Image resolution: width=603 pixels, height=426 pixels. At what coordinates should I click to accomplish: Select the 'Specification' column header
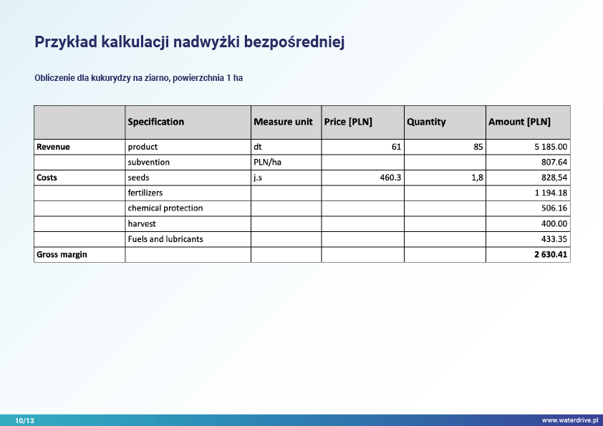155,122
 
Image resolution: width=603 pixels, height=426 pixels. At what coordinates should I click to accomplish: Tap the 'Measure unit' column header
283,122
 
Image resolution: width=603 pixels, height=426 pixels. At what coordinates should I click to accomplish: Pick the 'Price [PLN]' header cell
348,122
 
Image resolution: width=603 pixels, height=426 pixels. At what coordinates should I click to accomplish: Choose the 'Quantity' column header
426,122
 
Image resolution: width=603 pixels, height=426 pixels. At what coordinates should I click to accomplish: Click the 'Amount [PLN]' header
519,122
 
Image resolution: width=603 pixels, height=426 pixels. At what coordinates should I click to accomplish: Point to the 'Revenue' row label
53,147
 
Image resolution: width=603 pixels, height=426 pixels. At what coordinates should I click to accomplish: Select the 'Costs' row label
47,178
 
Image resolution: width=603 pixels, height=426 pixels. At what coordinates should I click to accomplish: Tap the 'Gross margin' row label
62,254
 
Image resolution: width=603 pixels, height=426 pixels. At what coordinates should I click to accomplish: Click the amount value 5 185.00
550,147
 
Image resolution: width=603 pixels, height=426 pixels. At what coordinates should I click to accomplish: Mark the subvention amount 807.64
554,163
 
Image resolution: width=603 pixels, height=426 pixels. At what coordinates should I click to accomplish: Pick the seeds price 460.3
390,178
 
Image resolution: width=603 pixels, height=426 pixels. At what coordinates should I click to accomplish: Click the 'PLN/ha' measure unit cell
267,163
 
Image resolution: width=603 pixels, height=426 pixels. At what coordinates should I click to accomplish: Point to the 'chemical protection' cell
165,208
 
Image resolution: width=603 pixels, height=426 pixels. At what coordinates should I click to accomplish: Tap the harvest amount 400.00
554,223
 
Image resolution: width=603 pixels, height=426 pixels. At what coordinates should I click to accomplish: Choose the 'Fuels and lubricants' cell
165,239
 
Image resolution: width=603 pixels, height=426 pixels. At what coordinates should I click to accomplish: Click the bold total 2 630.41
550,254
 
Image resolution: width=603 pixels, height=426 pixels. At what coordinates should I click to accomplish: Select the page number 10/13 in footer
24,421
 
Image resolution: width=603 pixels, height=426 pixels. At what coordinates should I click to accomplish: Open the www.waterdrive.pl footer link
569,421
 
